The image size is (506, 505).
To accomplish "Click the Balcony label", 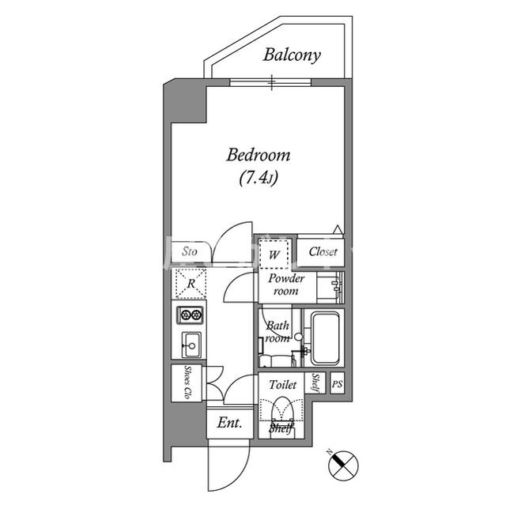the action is pos(292,55).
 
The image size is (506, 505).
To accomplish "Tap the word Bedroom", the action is pos(259,155).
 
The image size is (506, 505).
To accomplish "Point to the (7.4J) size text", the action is pos(259,178).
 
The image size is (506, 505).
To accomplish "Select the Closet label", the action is pos(323,252).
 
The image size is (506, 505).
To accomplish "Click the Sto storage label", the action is pos(190,251).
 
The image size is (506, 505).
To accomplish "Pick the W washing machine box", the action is pos(274,254).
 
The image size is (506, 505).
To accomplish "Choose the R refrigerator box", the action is pos(191,284).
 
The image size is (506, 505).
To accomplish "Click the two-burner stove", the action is pos(190,315).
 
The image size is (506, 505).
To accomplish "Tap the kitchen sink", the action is pos(191,345).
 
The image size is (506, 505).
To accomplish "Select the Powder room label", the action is pos(286,285).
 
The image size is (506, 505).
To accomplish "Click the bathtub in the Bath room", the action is pos(325,338).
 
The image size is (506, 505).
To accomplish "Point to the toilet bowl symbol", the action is pos(282,410).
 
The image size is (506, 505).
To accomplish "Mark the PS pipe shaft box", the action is pos(338,383).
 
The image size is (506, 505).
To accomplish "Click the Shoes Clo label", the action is pos(187,383).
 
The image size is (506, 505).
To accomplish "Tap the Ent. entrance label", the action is pos(229,423).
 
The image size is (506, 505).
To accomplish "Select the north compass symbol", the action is pos(342,465).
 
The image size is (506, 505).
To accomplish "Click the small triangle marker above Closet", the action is pos(338,229).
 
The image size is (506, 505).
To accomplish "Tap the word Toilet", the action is pos(283,385).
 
